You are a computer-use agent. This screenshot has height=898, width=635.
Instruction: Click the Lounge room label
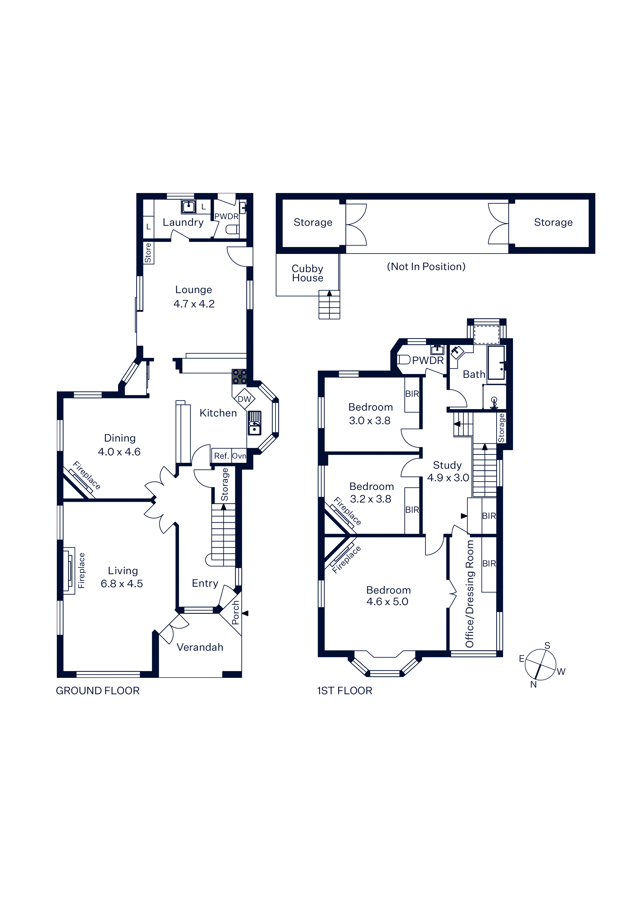coord(194,290)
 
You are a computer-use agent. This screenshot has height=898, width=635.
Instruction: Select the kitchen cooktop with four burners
coord(239,376)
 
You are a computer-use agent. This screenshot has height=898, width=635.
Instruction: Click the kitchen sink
coord(254,423)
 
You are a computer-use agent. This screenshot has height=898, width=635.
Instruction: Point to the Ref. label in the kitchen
coord(221,456)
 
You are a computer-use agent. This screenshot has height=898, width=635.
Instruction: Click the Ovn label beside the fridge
coord(239,456)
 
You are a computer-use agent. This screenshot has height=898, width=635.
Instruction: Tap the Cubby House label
coord(308,273)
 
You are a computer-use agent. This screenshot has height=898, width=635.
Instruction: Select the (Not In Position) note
coord(426,267)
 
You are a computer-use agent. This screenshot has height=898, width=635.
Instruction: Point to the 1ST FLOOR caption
coord(344,691)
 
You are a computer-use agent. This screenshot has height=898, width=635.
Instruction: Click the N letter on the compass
coord(533,685)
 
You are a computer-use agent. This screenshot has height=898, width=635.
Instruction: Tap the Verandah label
coord(200,647)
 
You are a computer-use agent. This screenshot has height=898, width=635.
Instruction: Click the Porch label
coord(235,613)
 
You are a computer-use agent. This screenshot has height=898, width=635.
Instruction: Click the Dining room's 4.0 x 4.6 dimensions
coord(119,452)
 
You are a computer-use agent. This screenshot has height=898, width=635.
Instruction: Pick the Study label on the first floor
coord(447,465)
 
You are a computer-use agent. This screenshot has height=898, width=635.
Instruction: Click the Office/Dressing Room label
coord(470,594)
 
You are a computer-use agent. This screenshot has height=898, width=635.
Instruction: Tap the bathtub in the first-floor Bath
coord(496,362)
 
